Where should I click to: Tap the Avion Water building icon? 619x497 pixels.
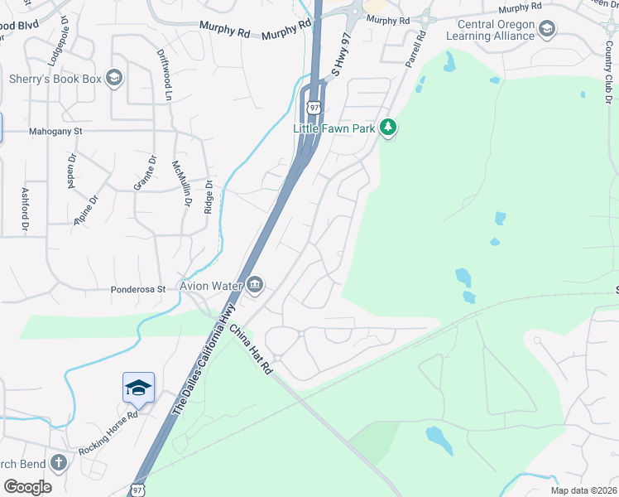click(255, 286)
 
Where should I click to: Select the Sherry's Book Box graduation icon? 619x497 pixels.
click(113, 79)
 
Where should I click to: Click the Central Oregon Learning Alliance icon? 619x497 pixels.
click(546, 30)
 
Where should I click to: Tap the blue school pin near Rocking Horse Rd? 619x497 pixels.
click(138, 387)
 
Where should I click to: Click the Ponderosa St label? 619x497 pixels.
click(139, 290)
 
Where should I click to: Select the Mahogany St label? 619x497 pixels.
click(56, 131)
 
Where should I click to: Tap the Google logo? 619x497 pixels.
click(26, 486)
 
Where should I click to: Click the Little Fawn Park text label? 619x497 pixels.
click(334, 128)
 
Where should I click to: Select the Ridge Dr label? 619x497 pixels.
click(209, 197)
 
